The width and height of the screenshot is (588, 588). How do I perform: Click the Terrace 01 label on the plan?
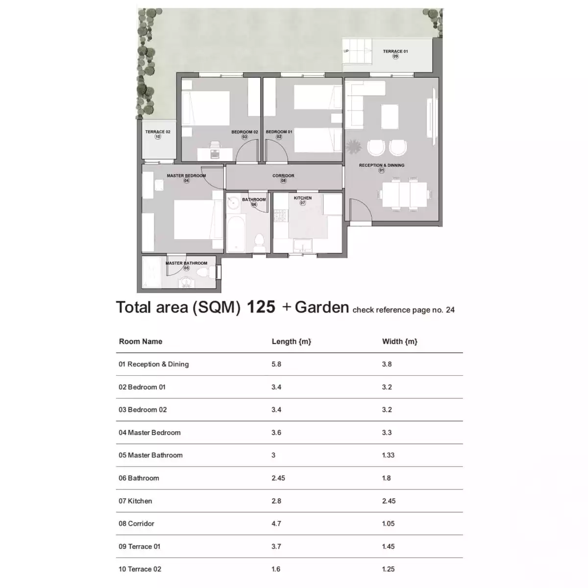click(395, 51)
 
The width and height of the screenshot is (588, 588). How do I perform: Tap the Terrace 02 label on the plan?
click(158, 132)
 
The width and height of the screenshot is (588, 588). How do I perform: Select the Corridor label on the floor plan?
click(283, 176)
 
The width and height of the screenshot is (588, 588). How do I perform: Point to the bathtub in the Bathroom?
click(236, 233)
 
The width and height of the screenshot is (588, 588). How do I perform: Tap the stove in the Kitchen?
click(281, 215)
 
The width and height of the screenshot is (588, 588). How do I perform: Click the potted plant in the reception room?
click(352, 147)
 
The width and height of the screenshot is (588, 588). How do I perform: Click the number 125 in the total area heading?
click(261, 307)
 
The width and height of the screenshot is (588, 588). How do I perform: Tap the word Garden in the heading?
click(322, 307)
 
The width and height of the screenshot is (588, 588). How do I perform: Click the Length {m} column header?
click(292, 342)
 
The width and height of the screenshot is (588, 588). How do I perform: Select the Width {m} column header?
click(400, 342)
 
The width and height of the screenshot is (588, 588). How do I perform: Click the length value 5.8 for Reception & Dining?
click(276, 364)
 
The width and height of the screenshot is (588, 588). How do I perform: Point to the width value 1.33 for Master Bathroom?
click(388, 455)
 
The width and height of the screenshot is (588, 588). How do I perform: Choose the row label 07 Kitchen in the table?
click(135, 501)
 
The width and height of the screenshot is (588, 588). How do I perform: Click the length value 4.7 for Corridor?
click(276, 523)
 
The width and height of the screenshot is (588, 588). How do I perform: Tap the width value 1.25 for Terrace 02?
click(388, 569)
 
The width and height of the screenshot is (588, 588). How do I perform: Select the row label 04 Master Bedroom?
click(149, 433)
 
